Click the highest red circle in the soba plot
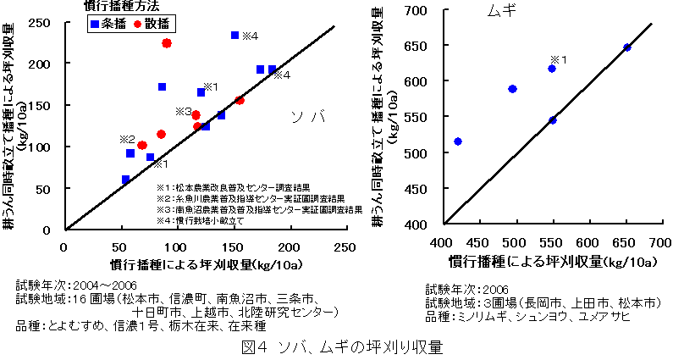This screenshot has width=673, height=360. tap(167, 43)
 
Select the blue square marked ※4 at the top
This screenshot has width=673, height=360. tap(234, 35)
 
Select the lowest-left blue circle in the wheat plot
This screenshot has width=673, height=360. tap(458, 141)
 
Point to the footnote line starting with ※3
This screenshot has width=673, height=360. tap(259, 208)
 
